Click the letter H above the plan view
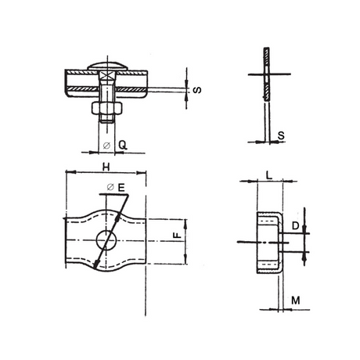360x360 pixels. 105,166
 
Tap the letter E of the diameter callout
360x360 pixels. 122,188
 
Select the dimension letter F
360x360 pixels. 177,234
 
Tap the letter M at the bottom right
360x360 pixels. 295,300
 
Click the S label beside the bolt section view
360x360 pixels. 196,88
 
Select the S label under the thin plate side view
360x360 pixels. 281,135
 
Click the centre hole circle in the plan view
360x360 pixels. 104,239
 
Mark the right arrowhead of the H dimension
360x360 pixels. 143,173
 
